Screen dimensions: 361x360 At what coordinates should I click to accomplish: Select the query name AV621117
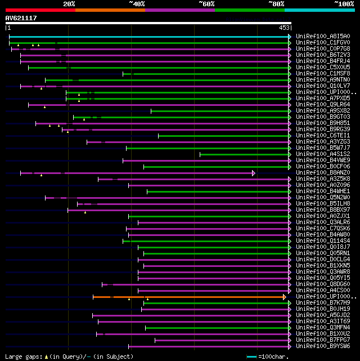(21, 18)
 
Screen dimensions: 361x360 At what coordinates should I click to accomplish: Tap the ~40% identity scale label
(137, 4)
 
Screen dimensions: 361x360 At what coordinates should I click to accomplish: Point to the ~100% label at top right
(344, 4)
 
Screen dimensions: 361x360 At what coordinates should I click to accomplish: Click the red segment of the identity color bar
(40, 10)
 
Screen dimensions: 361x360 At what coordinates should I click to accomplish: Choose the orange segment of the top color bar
(110, 10)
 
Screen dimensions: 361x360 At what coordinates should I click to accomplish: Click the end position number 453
(284, 27)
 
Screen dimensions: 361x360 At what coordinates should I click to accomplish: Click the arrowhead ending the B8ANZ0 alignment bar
(254, 173)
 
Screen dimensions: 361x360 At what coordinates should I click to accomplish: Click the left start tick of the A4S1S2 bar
(200, 154)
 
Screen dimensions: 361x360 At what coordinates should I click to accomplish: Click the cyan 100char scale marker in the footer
(251, 356)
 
